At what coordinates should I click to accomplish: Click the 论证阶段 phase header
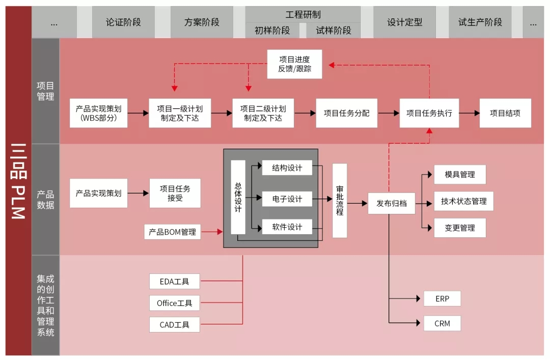point(123,22)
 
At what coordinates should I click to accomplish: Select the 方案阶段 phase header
point(202,22)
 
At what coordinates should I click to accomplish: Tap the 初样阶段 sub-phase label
point(272,31)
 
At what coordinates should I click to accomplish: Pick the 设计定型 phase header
point(405,22)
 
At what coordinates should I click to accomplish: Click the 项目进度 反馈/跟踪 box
point(294,64)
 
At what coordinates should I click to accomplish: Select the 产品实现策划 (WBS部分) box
point(99,113)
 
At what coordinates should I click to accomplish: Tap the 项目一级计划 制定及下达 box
point(180,113)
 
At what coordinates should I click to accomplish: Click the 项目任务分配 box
point(347,113)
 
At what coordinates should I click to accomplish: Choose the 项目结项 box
point(505,113)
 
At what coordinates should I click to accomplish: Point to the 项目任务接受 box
point(175,193)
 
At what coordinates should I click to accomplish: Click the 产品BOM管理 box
point(172,232)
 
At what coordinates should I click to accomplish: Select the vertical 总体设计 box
point(238,197)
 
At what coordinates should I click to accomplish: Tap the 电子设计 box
point(287,199)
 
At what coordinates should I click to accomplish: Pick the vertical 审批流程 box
point(340,201)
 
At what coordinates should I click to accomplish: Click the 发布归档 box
point(392,203)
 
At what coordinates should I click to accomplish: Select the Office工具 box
point(175,303)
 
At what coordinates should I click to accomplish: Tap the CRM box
point(442,323)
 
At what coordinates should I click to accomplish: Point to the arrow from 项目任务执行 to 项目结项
point(470,113)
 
